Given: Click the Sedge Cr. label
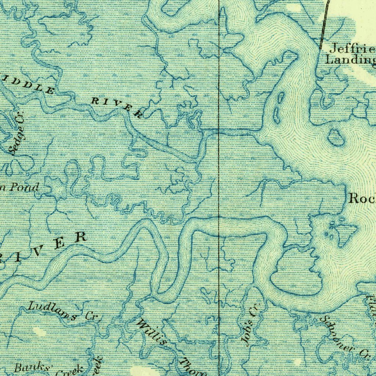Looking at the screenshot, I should [18, 133].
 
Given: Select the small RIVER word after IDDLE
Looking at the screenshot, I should [117, 108].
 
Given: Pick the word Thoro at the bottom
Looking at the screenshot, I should [193, 366].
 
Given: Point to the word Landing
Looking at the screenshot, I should [351, 59].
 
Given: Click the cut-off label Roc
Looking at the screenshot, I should [361, 199].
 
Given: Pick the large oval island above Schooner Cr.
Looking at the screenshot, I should [294, 272].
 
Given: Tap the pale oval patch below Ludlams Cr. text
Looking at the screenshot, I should [39, 332].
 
